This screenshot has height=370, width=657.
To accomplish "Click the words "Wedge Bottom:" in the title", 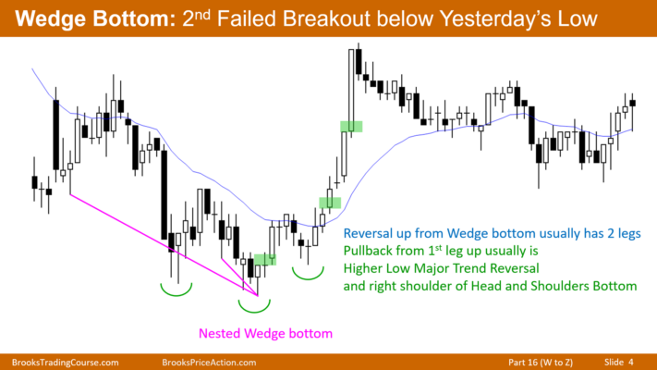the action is (x=95, y=18).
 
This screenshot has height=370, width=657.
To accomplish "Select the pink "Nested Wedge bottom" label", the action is (x=265, y=334).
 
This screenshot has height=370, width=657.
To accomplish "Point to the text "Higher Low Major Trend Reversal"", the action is (x=441, y=268).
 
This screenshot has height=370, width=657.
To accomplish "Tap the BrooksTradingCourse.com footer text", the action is (x=65, y=363).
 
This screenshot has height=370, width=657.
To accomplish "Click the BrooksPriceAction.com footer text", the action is (x=209, y=363).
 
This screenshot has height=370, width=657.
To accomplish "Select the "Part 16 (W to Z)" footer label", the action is (x=541, y=363).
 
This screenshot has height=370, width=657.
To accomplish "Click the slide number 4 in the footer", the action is (x=631, y=362).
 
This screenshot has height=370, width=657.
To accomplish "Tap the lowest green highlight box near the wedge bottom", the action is (x=265, y=259).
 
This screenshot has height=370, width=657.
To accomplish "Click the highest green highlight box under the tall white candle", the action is (x=351, y=127).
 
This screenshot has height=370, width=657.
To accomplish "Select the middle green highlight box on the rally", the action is (x=330, y=203).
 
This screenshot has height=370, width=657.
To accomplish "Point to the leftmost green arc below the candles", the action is (x=176, y=294).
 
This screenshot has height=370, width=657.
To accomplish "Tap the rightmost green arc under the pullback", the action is (x=308, y=277).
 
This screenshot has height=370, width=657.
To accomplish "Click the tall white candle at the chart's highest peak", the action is (x=351, y=91).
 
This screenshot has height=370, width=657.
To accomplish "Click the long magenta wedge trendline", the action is (x=164, y=245).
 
